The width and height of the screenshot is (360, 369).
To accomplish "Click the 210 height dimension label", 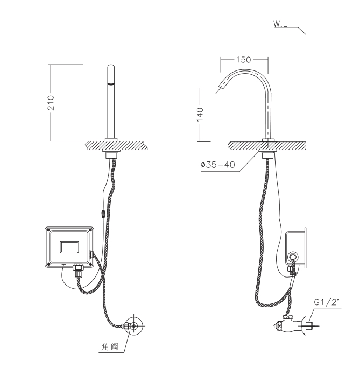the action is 51,103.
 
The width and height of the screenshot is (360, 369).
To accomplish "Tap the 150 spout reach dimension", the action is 243,60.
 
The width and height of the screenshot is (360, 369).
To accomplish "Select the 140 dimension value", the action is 200,115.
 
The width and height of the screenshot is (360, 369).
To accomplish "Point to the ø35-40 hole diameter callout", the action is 218,165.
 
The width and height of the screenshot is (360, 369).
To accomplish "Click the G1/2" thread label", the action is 328,302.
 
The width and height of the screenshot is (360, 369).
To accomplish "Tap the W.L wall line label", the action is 280,24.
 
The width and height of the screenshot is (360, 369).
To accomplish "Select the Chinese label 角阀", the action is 110,346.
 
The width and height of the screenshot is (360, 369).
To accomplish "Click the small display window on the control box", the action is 69,247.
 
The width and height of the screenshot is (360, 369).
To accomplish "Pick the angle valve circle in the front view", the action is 134,326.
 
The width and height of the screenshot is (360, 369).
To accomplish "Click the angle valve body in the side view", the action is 289,325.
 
